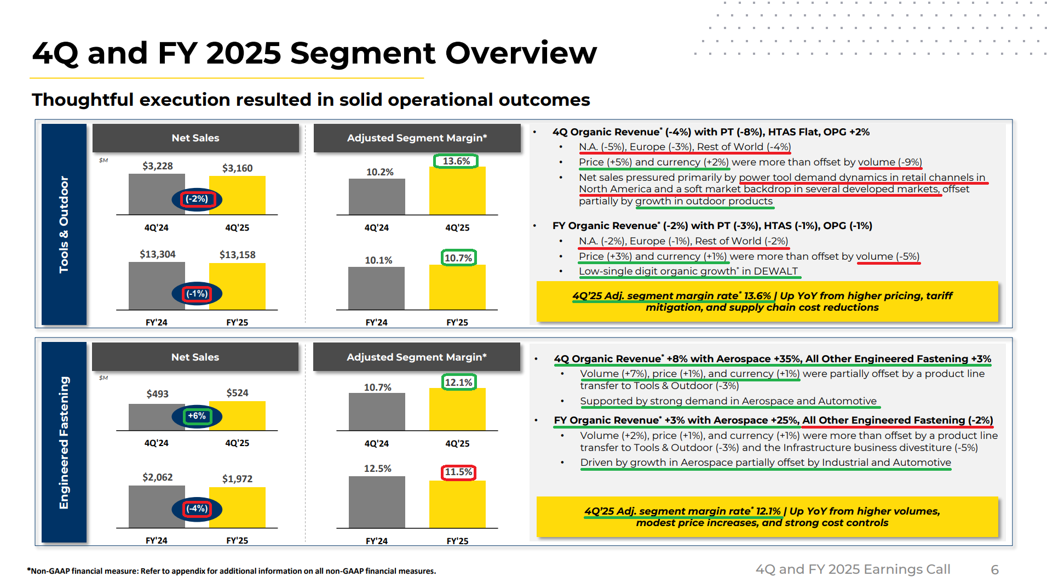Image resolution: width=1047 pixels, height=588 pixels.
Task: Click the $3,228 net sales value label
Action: (x=157, y=166)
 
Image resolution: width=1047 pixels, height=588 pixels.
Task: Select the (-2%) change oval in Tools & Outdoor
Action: (x=197, y=199)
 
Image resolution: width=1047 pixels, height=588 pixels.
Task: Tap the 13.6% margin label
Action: (x=456, y=161)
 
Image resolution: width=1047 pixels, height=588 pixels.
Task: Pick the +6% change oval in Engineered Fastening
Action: (x=197, y=416)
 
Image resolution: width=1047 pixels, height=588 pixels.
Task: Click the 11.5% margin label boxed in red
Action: (x=458, y=472)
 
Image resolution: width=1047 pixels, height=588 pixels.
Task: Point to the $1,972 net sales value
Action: (x=237, y=479)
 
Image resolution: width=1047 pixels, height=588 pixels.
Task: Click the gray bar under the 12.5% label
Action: (x=377, y=502)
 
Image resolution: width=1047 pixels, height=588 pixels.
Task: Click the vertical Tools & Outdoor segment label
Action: (x=64, y=224)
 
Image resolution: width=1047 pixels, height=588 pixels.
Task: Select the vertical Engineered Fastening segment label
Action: (x=64, y=442)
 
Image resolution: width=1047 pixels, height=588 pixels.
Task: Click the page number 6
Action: (x=994, y=570)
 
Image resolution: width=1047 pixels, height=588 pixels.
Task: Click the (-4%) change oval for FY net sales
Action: (x=197, y=509)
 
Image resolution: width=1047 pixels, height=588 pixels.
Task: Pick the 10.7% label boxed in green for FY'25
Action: (x=458, y=258)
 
